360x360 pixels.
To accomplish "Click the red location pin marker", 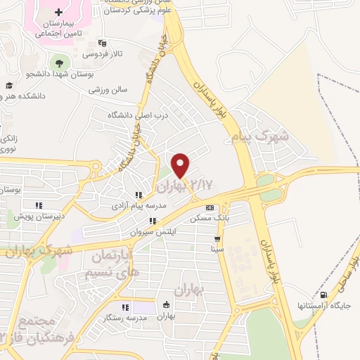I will [181, 165].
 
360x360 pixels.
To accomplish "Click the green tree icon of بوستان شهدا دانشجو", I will [58, 62].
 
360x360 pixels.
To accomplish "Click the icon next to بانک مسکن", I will [210, 208].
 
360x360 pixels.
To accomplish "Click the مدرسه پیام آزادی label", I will [138, 206].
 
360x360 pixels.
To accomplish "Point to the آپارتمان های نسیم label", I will [112, 263].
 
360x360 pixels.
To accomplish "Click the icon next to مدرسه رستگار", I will [125, 307].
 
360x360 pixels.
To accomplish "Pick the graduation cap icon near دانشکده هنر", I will [9, 86].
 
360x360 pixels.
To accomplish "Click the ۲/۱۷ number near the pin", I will [201, 185].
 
